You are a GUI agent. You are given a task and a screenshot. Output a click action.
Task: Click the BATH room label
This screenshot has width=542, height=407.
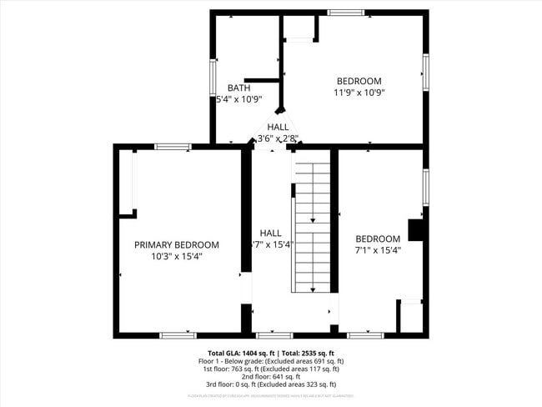[x=239, y=88]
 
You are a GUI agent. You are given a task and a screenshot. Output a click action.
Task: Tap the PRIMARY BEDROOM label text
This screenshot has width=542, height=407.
[x=177, y=245]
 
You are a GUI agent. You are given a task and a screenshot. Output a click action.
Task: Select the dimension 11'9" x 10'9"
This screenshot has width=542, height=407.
[x=359, y=93]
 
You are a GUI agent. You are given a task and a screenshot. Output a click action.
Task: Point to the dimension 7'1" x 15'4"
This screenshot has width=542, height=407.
[x=378, y=249]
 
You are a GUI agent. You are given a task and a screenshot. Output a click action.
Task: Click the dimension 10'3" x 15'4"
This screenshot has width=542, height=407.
[x=177, y=257]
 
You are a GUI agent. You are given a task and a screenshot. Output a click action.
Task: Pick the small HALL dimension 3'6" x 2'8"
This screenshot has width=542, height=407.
[x=278, y=138]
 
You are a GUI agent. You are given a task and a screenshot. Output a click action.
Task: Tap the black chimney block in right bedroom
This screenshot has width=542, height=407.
[x=414, y=230]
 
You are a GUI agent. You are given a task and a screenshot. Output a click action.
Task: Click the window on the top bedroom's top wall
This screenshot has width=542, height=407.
[x=345, y=13]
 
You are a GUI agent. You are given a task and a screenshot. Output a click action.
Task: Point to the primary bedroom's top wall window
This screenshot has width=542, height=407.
[x=173, y=147]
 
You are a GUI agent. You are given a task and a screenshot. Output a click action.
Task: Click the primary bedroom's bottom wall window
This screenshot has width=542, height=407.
[x=178, y=335]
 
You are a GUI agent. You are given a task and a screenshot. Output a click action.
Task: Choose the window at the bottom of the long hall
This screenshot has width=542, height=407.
[x=274, y=335]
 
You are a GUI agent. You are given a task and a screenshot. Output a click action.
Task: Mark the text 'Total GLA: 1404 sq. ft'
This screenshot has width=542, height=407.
[x=241, y=354]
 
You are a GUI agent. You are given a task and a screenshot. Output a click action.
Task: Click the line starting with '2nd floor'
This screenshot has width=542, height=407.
[x=271, y=376]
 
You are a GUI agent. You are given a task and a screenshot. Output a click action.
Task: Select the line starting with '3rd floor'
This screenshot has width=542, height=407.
[x=271, y=384]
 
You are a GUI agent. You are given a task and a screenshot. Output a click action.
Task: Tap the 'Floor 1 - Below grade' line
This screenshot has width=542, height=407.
[x=271, y=361]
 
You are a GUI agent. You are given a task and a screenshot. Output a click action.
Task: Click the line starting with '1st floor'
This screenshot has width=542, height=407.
[x=271, y=369]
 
